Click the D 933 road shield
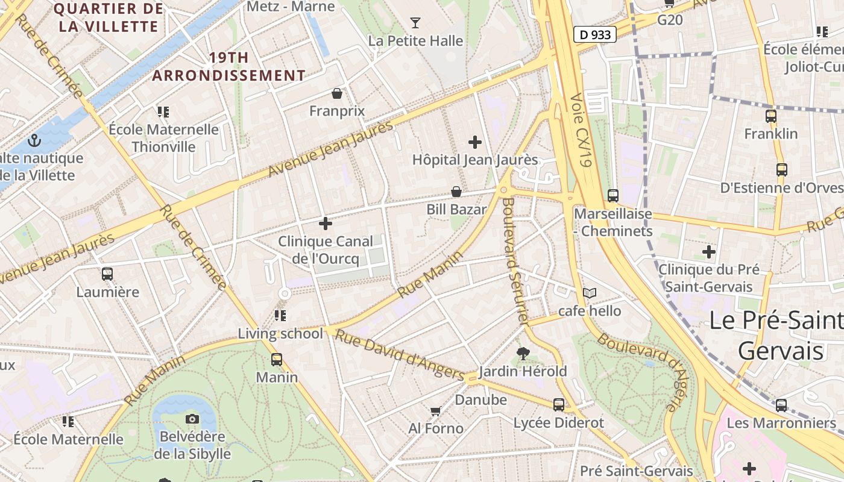pyautogui.click(x=594, y=35)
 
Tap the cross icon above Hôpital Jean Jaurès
pyautogui.click(x=475, y=142)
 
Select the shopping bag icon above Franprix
pyautogui.click(x=337, y=93)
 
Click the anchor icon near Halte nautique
pyautogui.click(x=35, y=141)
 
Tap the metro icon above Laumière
pyautogui.click(x=107, y=274)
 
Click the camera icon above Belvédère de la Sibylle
pyautogui.click(x=192, y=419)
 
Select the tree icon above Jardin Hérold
pyautogui.click(x=523, y=354)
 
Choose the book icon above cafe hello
pyautogui.click(x=590, y=293)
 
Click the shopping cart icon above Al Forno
pyautogui.click(x=436, y=411)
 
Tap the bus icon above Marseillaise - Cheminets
pyautogui.click(x=613, y=196)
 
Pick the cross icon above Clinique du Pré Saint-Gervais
pyautogui.click(x=709, y=251)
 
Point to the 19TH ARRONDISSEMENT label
pyautogui.click(x=229, y=67)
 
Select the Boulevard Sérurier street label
pyautogui.click(x=514, y=262)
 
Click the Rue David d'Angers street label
pyautogui.click(x=400, y=355)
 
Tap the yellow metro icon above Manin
pyautogui.click(x=277, y=360)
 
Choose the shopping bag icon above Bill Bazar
pyautogui.click(x=457, y=192)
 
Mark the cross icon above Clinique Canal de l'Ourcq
pyautogui.click(x=326, y=224)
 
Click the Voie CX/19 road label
pyautogui.click(x=582, y=130)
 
